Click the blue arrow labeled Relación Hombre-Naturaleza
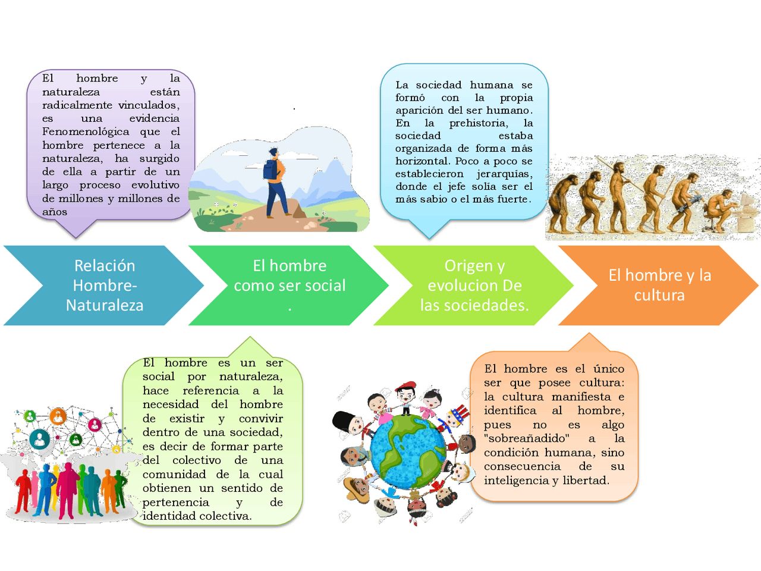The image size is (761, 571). click(104, 285)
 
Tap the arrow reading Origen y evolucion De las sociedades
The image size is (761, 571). click(474, 285)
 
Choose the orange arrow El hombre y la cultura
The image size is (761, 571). click(659, 285)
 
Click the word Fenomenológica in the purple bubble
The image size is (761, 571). click(86, 131)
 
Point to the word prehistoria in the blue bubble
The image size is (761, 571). click(478, 123)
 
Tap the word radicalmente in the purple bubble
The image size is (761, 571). click(77, 105)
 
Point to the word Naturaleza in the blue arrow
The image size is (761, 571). click(105, 305)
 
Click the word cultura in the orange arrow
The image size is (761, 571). click(659, 295)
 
